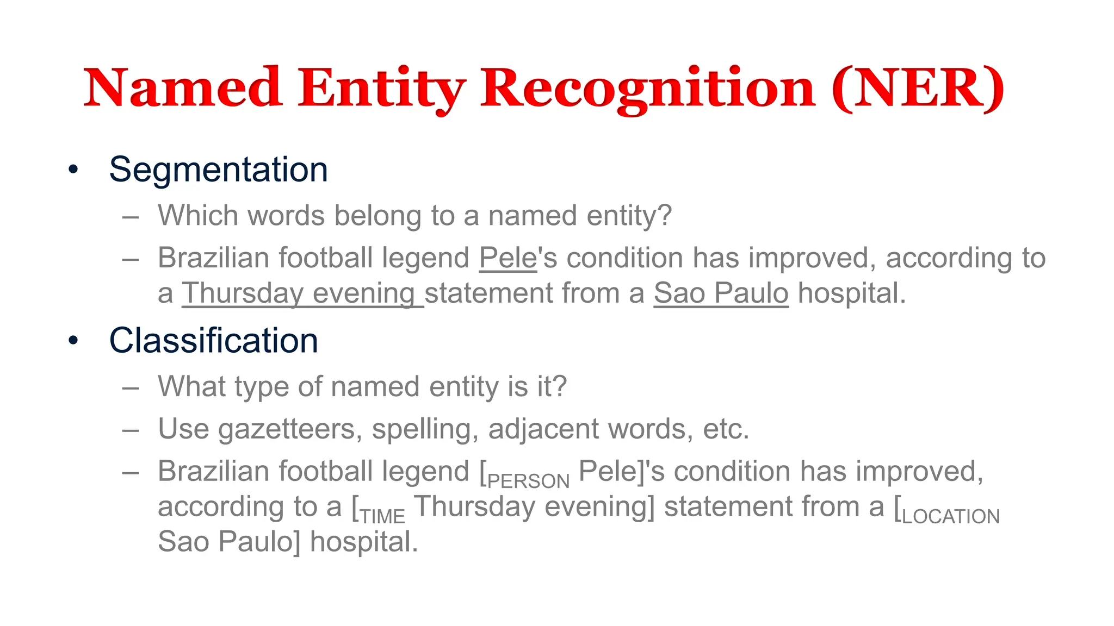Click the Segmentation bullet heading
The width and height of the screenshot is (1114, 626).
(218, 170)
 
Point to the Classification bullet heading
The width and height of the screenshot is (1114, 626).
(213, 341)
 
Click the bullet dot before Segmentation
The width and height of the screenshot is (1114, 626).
(73, 170)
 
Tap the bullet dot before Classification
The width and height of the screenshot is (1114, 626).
(73, 341)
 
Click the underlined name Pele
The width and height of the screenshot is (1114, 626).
(508, 258)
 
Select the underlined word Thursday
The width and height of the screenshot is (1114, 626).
(242, 293)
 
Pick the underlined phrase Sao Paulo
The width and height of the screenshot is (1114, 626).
(721, 293)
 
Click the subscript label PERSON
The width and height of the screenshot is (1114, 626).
(528, 481)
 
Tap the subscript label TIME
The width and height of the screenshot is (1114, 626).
(383, 516)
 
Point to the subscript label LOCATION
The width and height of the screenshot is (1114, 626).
(951, 516)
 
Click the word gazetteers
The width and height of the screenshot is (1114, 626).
(287, 429)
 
